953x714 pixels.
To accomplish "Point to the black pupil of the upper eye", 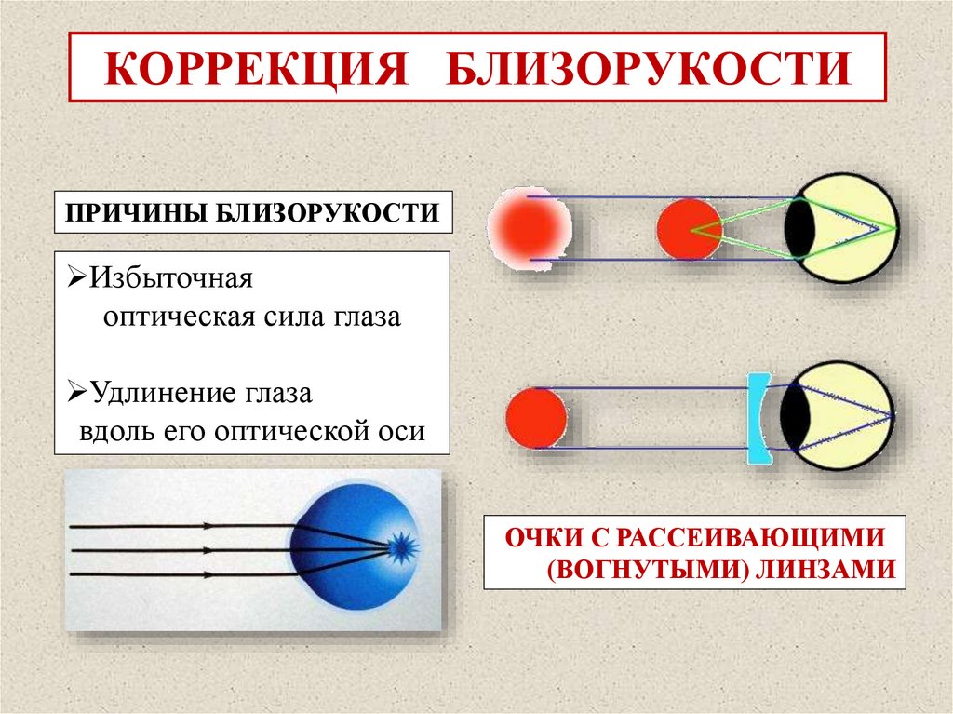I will [799, 229].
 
